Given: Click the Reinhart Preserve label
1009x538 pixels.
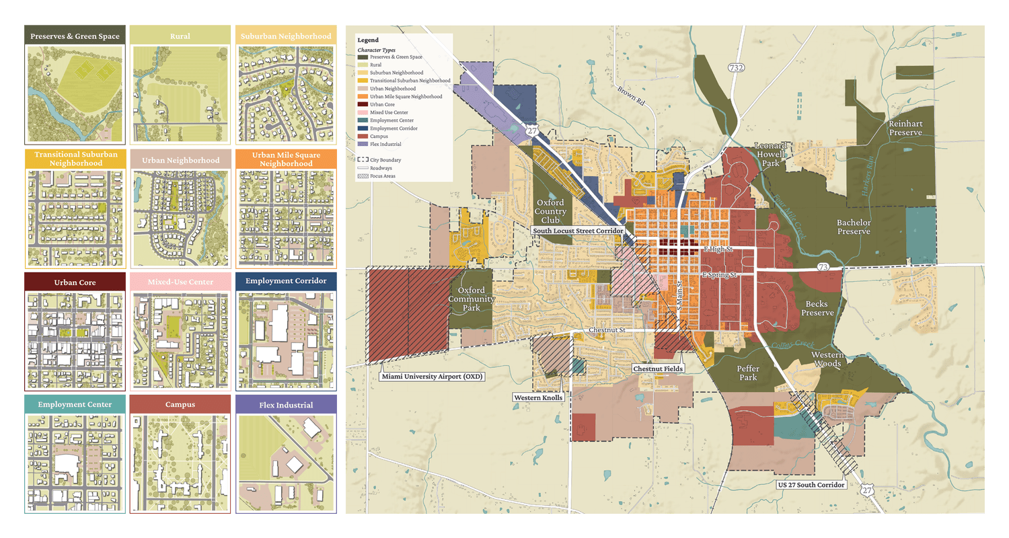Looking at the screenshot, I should pyautogui.click(x=905, y=128).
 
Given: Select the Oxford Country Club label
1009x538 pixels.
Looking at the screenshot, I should pyautogui.click(x=550, y=211).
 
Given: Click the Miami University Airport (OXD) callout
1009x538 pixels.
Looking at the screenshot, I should pyautogui.click(x=432, y=376).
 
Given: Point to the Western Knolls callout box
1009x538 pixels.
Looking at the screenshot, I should pyautogui.click(x=538, y=397).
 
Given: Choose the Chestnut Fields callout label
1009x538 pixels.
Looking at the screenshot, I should pyautogui.click(x=659, y=369).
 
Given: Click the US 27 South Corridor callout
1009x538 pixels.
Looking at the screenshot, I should pyautogui.click(x=810, y=484).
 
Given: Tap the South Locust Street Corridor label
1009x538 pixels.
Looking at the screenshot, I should pyautogui.click(x=576, y=231).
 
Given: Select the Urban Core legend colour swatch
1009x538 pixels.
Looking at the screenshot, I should pyautogui.click(x=362, y=105).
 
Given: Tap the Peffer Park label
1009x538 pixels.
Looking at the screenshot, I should pyautogui.click(x=747, y=373).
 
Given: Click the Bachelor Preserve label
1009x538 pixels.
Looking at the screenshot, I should pyautogui.click(x=854, y=227).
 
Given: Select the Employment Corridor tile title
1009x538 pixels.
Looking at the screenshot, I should pyautogui.click(x=286, y=281).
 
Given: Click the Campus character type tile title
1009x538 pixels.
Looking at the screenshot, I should pyautogui.click(x=180, y=405).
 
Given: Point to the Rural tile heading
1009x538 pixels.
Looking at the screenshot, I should pyautogui.click(x=180, y=36).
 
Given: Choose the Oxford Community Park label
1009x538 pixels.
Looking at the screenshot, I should pyautogui.click(x=472, y=299).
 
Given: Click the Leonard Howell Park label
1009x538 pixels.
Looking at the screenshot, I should pyautogui.click(x=770, y=154).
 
